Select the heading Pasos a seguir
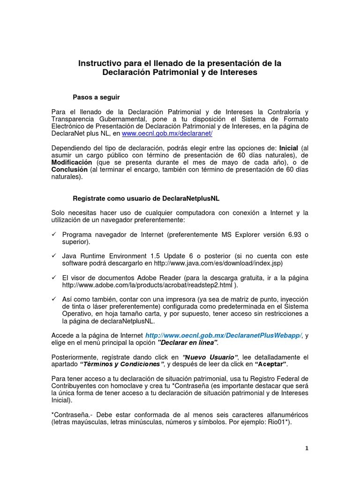coord(96,97)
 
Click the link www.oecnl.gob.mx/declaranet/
coord(167,134)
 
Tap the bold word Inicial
coord(288,148)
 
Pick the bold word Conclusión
coord(69,169)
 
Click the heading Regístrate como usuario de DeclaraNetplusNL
coord(146,198)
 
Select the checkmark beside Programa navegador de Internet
coord(54,234)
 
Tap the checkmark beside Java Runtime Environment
coord(54,256)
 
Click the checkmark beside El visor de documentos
coord(54,278)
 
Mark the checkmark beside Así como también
coord(54,299)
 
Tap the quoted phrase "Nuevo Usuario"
coord(210,357)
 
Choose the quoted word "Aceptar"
coord(270,364)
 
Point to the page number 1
coord(307,448)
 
